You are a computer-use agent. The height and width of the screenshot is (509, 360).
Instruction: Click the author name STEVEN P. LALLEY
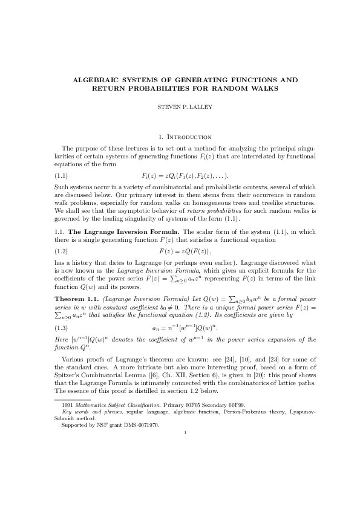click(x=180, y=109)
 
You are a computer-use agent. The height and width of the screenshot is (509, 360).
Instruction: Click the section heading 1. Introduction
click(x=180, y=137)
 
